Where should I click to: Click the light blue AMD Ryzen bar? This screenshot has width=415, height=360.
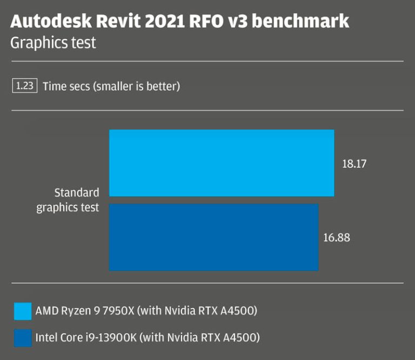[222, 163]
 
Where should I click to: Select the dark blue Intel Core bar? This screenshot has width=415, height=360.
[213, 237]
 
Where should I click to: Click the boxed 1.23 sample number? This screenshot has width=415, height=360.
[24, 86]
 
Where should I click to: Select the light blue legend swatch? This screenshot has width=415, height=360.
[23, 311]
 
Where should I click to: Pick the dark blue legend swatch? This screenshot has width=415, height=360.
[23, 338]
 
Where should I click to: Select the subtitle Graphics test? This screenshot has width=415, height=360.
[53, 43]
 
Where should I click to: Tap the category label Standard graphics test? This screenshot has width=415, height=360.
[68, 200]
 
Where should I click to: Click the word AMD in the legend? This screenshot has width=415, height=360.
[45, 311]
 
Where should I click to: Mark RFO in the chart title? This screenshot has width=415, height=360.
[213, 22]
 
